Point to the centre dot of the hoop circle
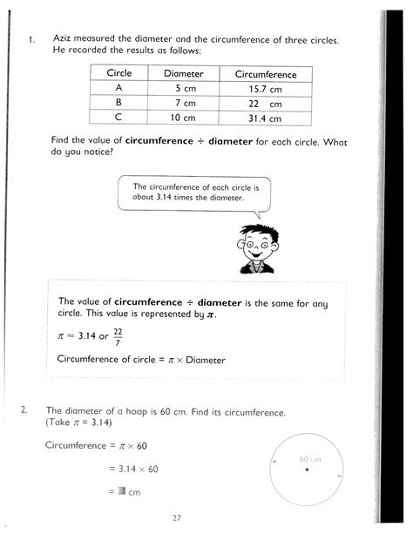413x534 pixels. coord(308,471)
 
